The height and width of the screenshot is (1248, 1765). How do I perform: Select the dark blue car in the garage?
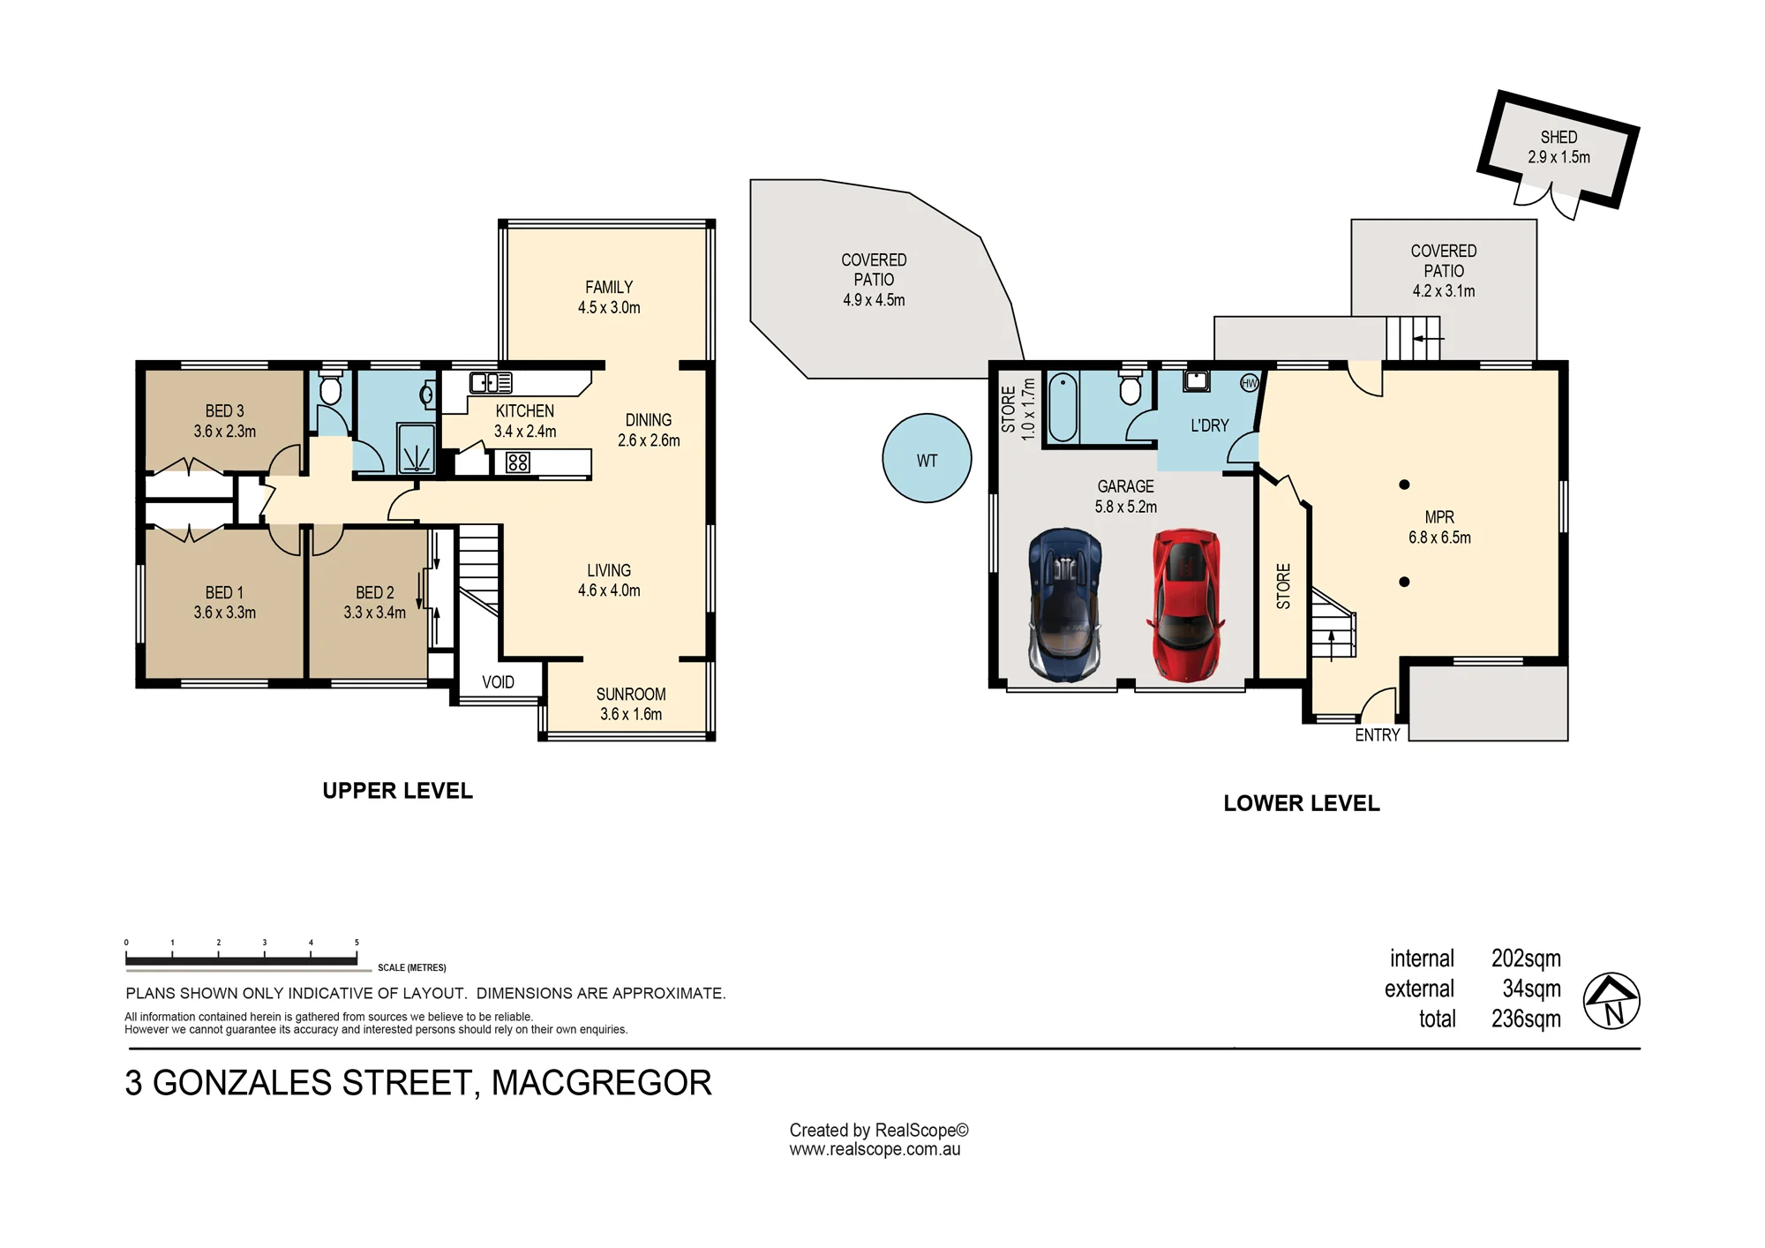(x=1065, y=605)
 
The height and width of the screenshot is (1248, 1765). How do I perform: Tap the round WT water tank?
(x=927, y=459)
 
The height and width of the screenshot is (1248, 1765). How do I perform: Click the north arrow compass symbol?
(x=1611, y=1001)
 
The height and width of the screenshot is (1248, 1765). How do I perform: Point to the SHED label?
(x=1558, y=138)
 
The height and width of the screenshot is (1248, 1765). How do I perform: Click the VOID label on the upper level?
(x=498, y=682)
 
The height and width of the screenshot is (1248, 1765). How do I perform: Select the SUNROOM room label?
(x=631, y=695)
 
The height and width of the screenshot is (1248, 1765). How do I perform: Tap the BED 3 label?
(x=224, y=411)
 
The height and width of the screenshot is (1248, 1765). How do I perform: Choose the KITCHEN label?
(x=525, y=411)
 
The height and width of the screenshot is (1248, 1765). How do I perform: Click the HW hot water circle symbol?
(x=1250, y=383)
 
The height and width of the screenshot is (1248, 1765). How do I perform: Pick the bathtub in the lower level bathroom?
(x=1063, y=407)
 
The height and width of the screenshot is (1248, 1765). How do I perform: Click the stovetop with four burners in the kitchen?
(x=518, y=462)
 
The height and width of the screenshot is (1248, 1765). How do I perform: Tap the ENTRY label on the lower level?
(x=1378, y=735)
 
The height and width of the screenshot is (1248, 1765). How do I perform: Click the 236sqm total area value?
(x=1526, y=1019)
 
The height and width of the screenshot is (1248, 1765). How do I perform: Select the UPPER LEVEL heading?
(x=397, y=791)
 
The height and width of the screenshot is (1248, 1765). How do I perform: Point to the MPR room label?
(x=1439, y=517)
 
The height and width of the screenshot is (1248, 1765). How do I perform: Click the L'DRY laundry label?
(x=1209, y=425)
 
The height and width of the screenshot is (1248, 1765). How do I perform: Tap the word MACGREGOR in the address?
(x=601, y=1083)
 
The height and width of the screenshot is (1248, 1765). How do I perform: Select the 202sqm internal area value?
(x=1526, y=959)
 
